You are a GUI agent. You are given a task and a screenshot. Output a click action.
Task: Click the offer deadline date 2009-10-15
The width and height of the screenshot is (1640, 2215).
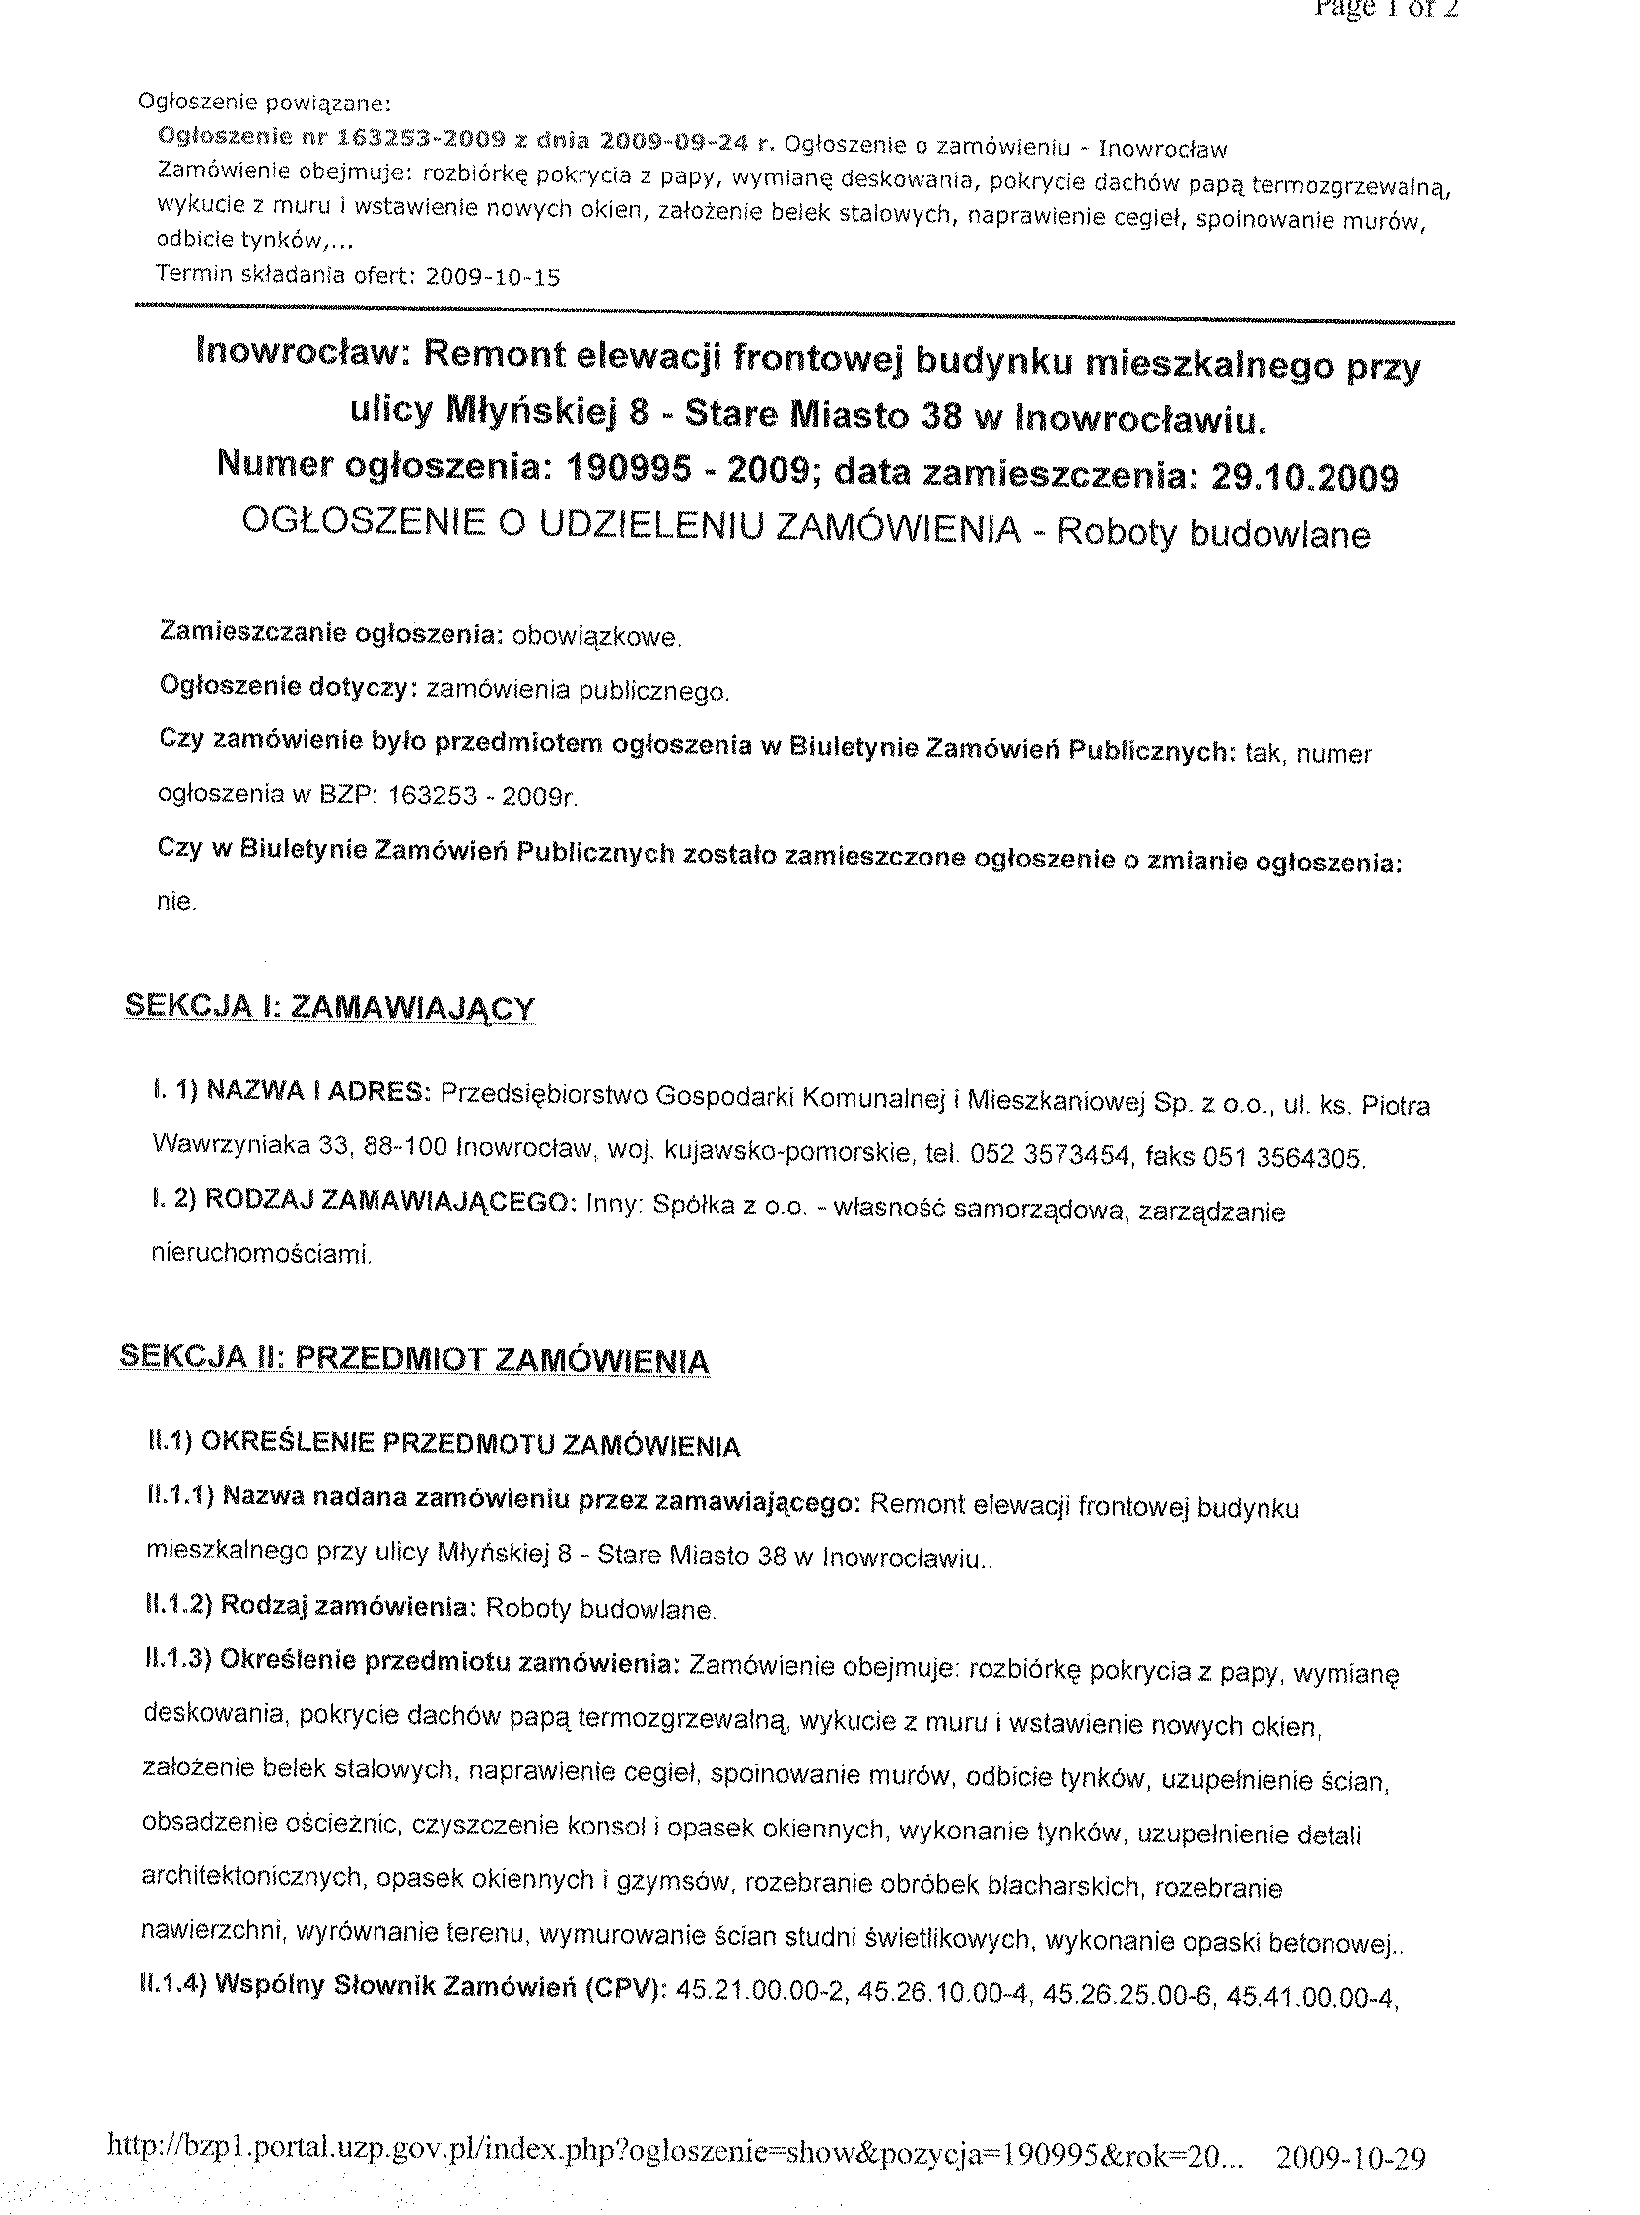point(493,277)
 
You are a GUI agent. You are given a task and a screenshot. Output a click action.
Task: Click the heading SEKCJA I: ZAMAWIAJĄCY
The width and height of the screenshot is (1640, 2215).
point(329,1007)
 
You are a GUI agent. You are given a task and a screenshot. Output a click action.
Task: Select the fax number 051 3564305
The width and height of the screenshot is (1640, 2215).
point(1283,1157)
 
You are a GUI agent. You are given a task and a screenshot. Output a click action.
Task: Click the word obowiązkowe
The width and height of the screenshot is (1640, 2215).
point(595,637)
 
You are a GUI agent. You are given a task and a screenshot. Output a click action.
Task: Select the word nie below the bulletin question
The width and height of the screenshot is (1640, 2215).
point(176,903)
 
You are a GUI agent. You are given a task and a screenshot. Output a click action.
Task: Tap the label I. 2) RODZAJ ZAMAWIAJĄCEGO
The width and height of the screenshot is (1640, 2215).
point(364,1201)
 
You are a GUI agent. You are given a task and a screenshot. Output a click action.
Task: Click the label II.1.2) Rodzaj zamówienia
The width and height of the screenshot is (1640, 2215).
point(307,1606)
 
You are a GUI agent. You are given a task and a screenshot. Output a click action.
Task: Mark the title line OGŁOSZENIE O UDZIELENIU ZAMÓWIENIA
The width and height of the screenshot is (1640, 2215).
point(632,527)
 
